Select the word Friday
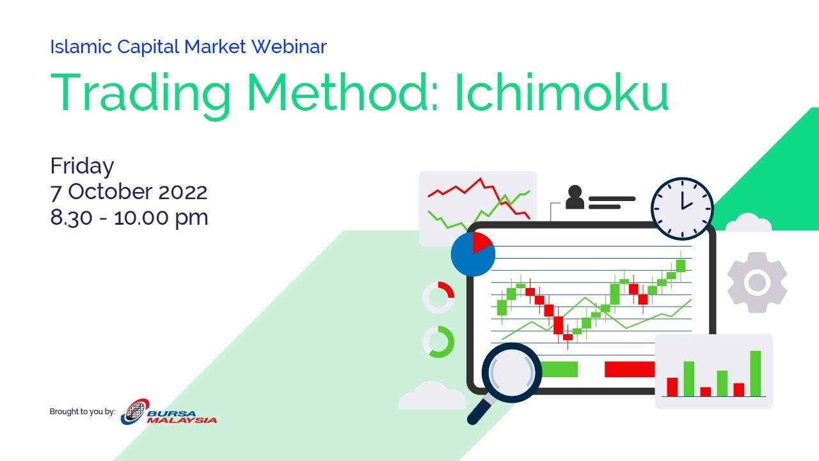82,166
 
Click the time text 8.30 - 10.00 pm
129,218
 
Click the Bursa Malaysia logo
170,412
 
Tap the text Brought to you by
82,412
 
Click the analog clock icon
681,209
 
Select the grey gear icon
757,282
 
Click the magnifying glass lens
511,373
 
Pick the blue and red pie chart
472,254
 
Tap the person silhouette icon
575,197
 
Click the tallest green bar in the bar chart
755,373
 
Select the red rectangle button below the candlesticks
630,369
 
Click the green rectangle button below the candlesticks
559,369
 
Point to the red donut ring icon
438,298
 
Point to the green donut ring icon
438,342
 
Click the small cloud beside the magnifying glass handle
432,397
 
